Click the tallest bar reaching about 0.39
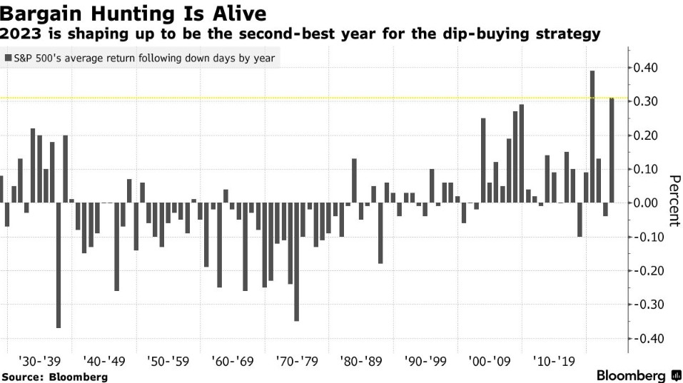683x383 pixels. (592, 136)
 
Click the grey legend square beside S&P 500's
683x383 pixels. (8, 58)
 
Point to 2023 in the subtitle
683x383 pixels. (20, 33)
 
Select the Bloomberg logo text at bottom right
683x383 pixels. (631, 375)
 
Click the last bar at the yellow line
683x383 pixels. (612, 150)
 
